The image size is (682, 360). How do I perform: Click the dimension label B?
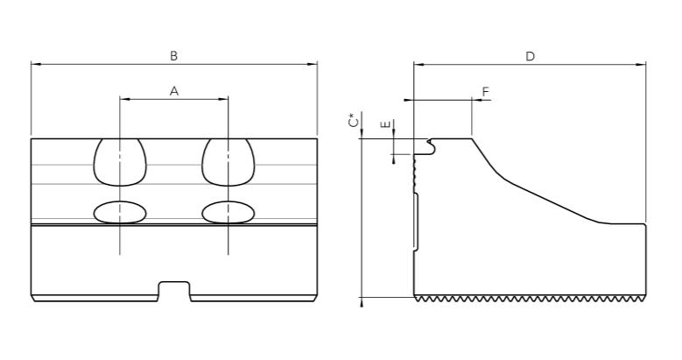(174, 55)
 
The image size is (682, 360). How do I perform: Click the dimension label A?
(174, 90)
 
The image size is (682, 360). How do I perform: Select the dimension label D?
(530, 55)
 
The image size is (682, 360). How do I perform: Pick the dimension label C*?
(353, 121)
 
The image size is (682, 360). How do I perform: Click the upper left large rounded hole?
(120, 162)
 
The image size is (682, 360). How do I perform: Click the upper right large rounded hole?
(229, 162)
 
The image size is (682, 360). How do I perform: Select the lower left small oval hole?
(120, 212)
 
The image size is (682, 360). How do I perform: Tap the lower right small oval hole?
(229, 212)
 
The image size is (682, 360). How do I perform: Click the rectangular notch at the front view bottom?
(174, 291)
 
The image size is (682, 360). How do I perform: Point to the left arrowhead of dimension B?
(34, 64)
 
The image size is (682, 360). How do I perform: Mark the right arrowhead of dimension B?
(314, 64)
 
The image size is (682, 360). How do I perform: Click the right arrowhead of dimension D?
(643, 64)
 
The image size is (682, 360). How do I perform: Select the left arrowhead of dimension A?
(123, 99)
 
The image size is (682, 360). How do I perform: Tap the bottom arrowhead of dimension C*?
(362, 302)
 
